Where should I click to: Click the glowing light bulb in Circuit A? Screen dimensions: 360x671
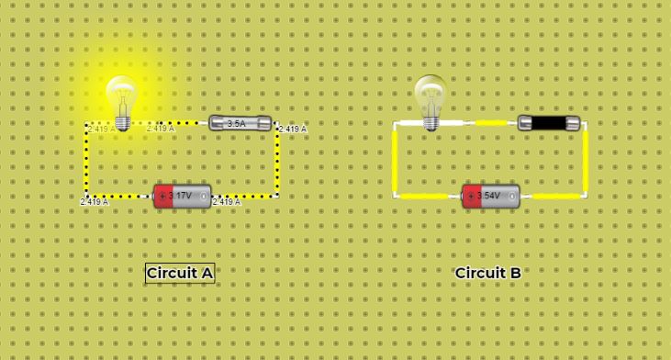tap(121, 96)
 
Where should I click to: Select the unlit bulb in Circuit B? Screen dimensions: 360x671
tap(430, 95)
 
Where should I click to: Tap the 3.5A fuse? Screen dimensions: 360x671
tap(240, 123)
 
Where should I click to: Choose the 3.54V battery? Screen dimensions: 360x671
tap(490, 197)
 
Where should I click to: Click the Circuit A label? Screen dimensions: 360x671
tap(180, 273)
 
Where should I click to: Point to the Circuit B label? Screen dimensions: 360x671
tap(488, 273)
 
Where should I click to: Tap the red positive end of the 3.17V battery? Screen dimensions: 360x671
tap(162, 197)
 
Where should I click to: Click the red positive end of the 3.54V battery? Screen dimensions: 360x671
tap(471, 197)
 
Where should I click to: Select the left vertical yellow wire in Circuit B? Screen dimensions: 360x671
tap(395, 160)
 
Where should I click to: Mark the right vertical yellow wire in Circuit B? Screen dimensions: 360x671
tap(585, 160)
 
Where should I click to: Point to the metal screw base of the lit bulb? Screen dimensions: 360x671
tap(121, 121)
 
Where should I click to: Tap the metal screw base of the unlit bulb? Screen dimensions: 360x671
tap(430, 121)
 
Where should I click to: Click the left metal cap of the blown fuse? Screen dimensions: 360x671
tap(525, 123)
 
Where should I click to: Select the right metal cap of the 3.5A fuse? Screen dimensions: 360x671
tap(264, 123)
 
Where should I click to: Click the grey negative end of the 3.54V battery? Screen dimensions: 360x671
tap(510, 197)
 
